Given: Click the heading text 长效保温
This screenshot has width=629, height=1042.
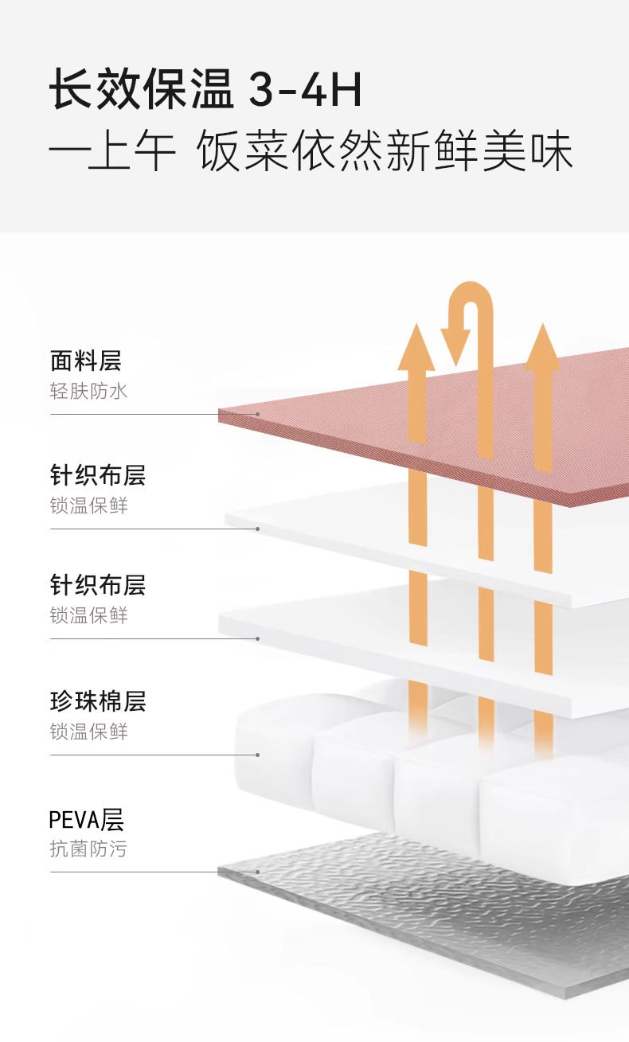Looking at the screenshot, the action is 142,90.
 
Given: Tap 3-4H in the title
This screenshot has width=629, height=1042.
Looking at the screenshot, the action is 306,91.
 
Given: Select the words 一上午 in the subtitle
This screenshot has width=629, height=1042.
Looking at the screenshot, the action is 112,151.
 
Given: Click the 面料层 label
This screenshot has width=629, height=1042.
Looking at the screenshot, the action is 85,361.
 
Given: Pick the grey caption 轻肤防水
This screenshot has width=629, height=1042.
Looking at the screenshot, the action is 88,391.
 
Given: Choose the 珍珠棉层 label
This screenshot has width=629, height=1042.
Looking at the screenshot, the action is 97,701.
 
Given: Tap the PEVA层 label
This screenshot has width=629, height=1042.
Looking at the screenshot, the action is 87,819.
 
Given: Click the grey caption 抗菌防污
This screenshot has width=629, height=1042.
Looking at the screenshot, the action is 88,849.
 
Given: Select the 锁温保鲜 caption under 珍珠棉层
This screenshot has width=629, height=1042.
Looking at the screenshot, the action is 88,732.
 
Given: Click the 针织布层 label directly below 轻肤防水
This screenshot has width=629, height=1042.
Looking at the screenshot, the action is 97,475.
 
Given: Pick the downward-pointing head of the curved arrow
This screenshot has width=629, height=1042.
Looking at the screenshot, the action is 456,347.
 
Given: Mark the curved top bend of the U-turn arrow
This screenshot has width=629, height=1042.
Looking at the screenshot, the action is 471,293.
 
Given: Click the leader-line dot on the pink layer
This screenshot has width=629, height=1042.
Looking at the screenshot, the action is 258,414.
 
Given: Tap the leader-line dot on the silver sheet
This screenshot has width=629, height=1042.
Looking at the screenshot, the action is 258,872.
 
